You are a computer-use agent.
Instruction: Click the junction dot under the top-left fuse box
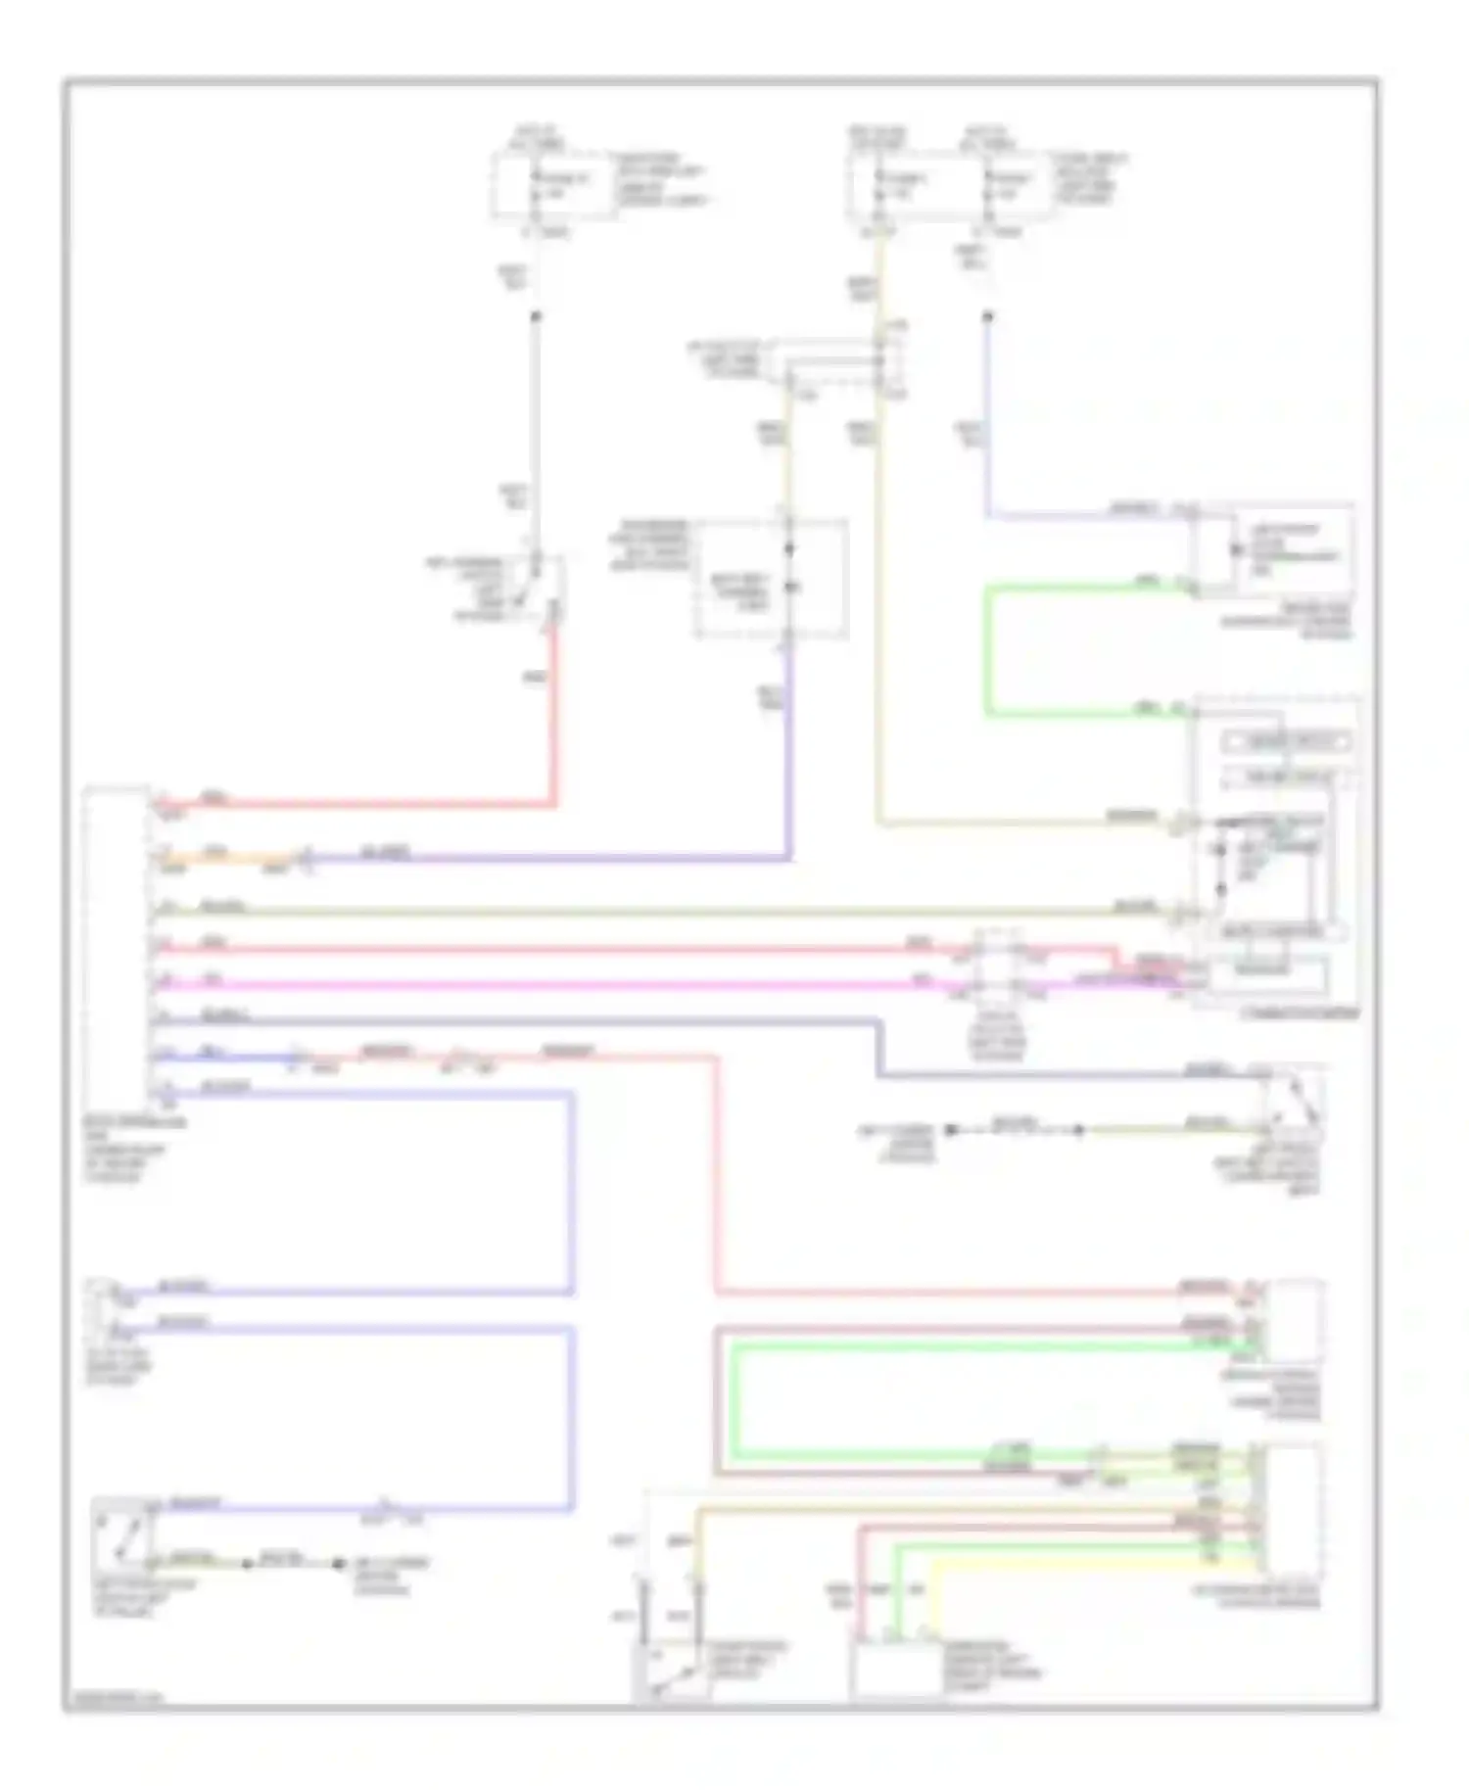[x=535, y=315]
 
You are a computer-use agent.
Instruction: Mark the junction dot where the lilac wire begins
[x=987, y=316]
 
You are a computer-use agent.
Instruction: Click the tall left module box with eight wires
[x=116, y=946]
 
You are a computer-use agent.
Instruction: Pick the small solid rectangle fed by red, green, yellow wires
[x=896, y=1671]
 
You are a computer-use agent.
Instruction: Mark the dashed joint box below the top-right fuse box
[x=838, y=368]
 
